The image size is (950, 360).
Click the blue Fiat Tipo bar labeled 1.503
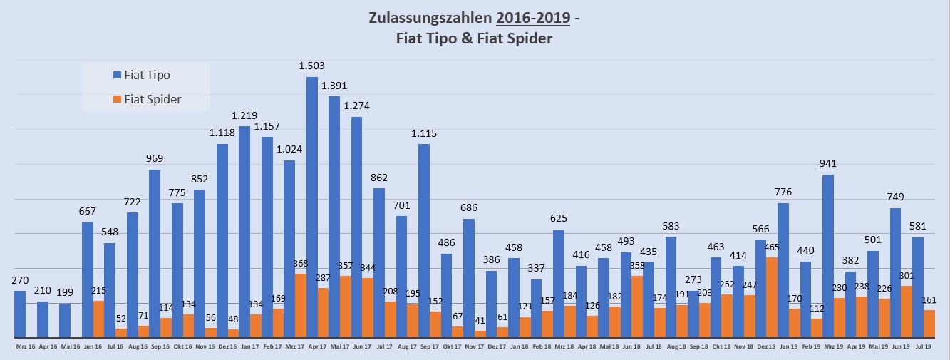pyautogui.click(x=311, y=207)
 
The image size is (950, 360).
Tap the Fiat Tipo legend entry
pyautogui.click(x=147, y=75)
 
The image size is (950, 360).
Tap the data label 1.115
pyautogui.click(x=423, y=133)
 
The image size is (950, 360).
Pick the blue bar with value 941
pyautogui.click(x=827, y=256)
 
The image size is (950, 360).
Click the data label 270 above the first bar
pyautogui.click(x=20, y=280)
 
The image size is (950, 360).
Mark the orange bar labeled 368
pyautogui.click(x=300, y=305)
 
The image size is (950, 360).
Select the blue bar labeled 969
pyautogui.click(x=155, y=253)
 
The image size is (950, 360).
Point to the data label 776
pyautogui.click(x=784, y=192)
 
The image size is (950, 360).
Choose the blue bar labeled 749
pyautogui.click(x=894, y=272)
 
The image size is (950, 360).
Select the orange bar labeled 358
pyautogui.click(x=636, y=307)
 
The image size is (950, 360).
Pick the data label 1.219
pyautogui.click(x=244, y=115)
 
